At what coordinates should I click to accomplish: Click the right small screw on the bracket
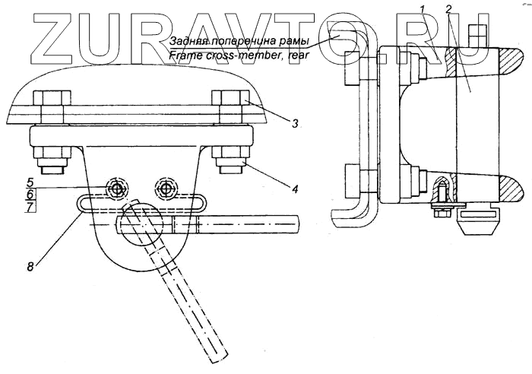coord(165,187)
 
